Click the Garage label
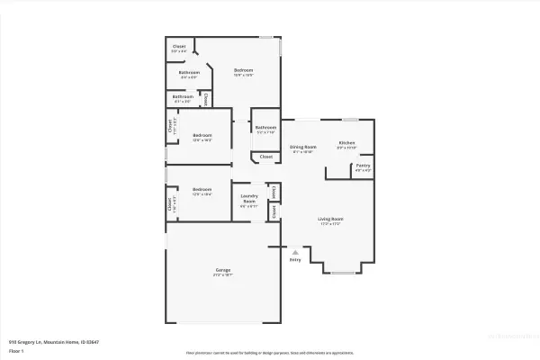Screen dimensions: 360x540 pos(222,270)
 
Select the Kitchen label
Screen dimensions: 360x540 pos(346,143)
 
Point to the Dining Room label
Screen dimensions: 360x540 pos(302,147)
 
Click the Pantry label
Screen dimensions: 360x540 pos(363,166)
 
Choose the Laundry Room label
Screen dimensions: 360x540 pos(249,199)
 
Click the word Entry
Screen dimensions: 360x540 pos(295,261)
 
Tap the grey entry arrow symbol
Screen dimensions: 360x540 pos(295,251)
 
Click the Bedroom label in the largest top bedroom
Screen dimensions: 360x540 pos(243,70)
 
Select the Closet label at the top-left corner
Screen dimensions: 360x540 pos(179,47)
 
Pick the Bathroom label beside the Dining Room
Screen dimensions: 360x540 pos(265,128)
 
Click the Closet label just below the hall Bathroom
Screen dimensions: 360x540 pos(265,157)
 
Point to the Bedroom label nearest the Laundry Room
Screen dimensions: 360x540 pos(202,189)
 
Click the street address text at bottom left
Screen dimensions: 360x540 pos(53,342)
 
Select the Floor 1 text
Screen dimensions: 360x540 pos(17,350)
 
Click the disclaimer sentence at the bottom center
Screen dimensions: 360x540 pos(269,354)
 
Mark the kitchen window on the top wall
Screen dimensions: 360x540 pos(350,119)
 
